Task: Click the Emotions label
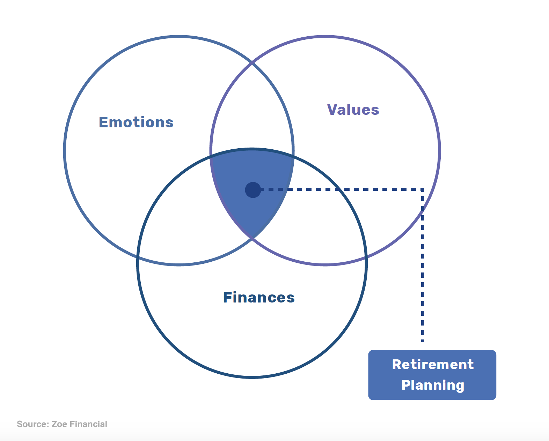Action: point(136,122)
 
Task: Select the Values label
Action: point(353,110)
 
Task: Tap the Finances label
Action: point(259,298)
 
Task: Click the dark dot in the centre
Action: point(253,190)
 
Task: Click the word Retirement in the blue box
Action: point(433,365)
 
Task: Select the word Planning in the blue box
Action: point(433,385)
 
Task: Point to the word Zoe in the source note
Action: point(59,424)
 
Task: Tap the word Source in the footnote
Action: point(32,424)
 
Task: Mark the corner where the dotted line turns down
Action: point(423,189)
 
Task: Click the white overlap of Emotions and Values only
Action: point(252,112)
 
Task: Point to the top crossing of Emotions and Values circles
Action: point(252,63)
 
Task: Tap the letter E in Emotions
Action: point(103,122)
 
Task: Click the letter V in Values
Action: point(332,110)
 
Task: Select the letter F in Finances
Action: point(228,298)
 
